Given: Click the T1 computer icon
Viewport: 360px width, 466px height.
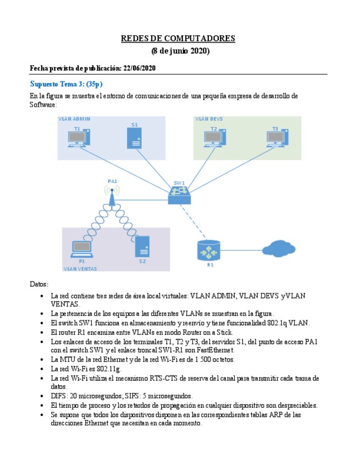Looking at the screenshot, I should coord(79,139).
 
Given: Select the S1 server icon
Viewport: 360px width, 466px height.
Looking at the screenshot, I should coord(134,138).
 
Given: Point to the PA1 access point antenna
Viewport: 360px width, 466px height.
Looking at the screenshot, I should coord(112,193).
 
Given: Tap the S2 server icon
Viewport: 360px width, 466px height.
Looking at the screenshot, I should coord(142,247).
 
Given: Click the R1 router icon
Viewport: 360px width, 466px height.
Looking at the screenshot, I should coord(208,251).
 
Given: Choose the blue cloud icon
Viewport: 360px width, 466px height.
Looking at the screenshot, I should coord(279,249).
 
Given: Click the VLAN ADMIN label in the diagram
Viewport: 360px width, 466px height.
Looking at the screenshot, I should coord(74,119).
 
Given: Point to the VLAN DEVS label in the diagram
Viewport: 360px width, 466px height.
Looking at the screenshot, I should coord(209,119).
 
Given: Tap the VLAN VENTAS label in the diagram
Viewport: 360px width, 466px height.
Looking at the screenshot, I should coord(80,269).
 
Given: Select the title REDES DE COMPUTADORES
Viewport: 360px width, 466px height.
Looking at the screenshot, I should coord(178,38).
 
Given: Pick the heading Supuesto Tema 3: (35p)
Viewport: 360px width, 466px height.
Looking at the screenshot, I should coord(66,84).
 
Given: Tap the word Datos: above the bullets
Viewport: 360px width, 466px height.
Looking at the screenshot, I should coord(39,284).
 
